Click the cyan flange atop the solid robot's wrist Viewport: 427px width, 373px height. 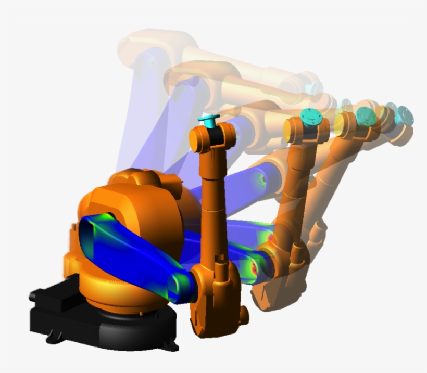pyautogui.click(x=209, y=120)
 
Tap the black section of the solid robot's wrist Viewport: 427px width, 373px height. pyautogui.click(x=213, y=136)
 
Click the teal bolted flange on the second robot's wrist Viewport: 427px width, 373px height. pyautogui.click(x=310, y=117)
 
